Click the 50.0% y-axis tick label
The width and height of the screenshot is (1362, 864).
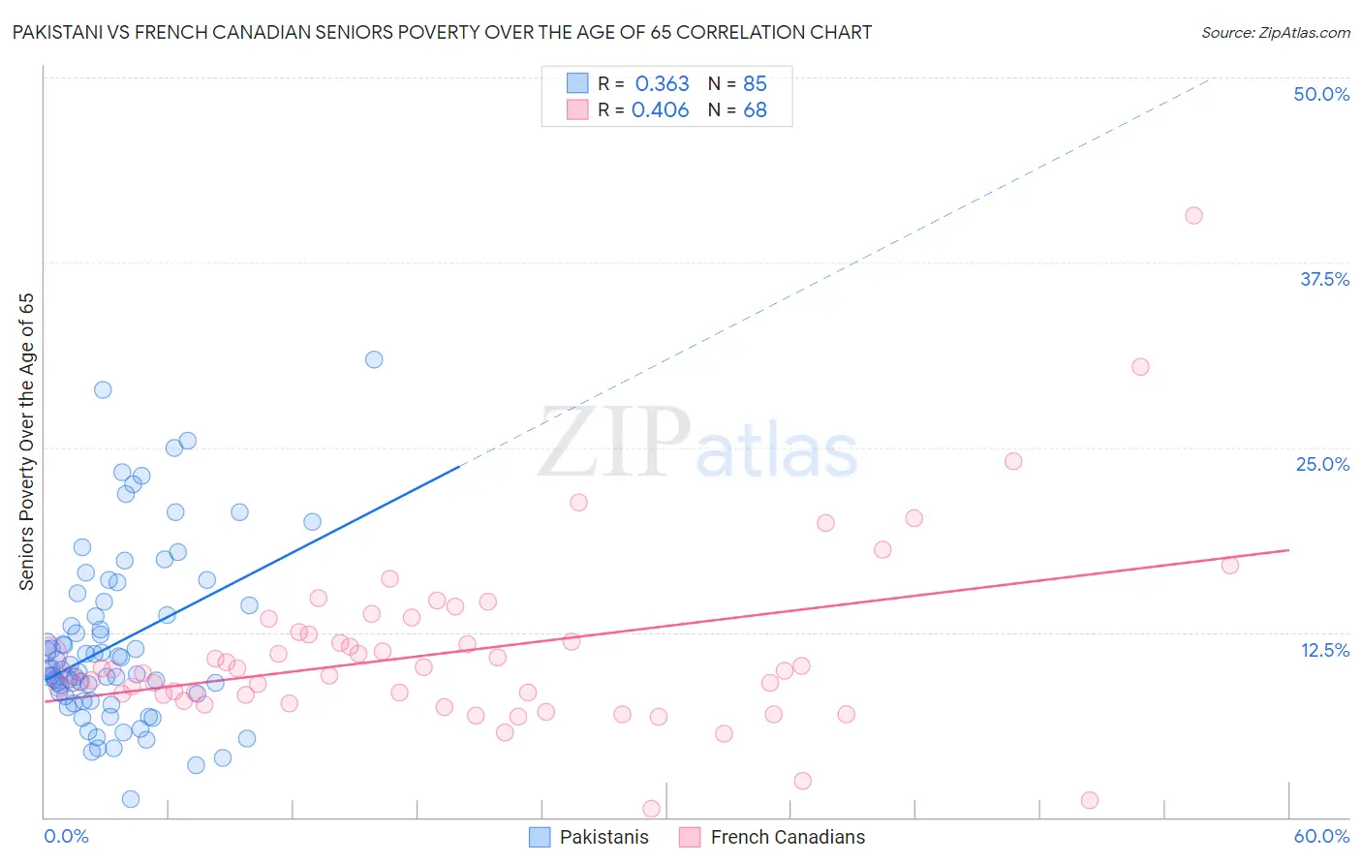pos(1321,94)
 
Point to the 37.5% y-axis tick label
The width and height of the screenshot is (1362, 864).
pos(1324,279)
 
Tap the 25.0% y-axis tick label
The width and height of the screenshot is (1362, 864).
pos(1322,464)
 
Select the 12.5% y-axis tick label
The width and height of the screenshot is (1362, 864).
pos(1324,650)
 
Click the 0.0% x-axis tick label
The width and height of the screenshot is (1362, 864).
pos(66,836)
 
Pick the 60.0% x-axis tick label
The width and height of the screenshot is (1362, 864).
pos(1321,836)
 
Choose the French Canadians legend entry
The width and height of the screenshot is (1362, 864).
pos(772,837)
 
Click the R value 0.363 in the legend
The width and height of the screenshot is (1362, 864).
pos(662,83)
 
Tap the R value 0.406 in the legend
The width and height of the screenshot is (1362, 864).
pos(660,109)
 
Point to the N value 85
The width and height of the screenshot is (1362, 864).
pos(755,83)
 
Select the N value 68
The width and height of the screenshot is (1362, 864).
pos(755,109)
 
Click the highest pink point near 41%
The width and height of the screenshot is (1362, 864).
pos(1193,215)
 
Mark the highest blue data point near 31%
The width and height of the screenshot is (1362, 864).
pos(374,359)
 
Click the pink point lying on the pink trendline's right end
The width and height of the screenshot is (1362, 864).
pos(1230,566)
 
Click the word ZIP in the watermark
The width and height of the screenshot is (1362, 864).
pos(614,443)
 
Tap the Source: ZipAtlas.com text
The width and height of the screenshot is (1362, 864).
pos(1275,33)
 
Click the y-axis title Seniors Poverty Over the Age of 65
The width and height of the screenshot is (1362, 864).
pos(27,442)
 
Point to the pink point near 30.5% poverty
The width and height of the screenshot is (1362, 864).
pos(1140,367)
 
